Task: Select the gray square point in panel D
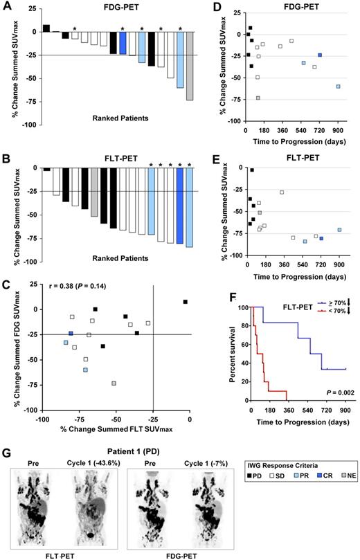pyautogui.click(x=258, y=98)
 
